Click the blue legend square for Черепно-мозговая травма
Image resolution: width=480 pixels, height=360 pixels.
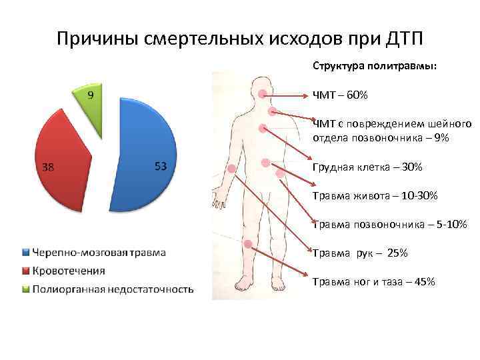tap(26, 253)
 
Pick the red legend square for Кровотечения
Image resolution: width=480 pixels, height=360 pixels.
tap(26, 271)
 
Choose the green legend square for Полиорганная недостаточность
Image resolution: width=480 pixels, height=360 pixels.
tap(26, 289)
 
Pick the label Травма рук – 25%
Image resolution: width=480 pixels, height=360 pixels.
tap(360, 253)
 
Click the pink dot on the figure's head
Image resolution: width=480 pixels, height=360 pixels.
tap(263, 94)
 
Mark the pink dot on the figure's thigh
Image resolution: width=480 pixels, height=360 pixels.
tap(248, 245)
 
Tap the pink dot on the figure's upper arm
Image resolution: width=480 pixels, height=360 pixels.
tap(231, 169)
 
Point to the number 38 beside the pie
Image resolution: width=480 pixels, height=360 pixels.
tap(49, 168)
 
